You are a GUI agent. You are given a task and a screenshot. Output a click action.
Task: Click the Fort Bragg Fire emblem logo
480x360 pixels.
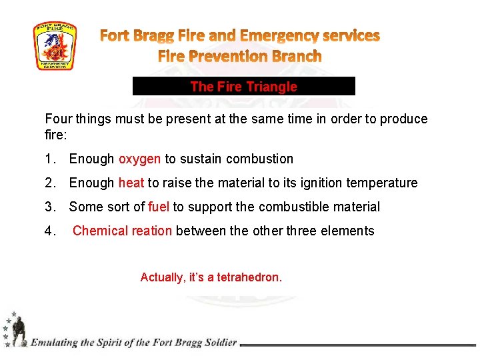(55, 46)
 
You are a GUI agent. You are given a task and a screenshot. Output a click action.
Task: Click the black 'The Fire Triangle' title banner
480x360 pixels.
(243, 87)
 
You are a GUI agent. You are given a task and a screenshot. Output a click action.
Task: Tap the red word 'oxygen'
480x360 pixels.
(139, 159)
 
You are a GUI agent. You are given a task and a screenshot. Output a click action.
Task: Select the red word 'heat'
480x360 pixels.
(131, 183)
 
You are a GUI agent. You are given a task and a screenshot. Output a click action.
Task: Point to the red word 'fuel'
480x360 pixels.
(159, 207)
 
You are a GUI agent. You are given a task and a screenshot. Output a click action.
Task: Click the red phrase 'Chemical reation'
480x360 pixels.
(122, 231)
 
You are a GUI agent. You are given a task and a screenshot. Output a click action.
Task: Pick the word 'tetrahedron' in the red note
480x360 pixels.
(249, 277)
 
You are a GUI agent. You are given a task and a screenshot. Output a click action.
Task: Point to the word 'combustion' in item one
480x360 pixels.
(259, 159)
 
